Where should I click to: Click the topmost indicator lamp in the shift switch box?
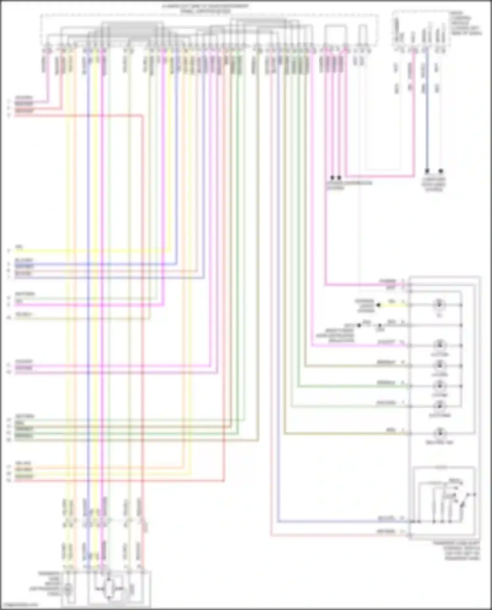coord(439,305)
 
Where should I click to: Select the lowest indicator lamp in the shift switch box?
coord(439,434)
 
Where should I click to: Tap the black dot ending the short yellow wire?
coord(379,305)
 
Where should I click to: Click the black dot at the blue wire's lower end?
coord(427,171)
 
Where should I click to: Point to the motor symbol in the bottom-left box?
coord(109,589)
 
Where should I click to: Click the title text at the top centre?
coord(205,9)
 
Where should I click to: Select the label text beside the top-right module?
coord(466,23)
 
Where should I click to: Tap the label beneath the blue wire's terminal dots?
coord(434,185)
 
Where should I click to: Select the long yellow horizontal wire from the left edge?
coord(89,251)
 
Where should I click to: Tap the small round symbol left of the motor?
coord(68,589)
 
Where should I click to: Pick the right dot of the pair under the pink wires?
coord(339,177)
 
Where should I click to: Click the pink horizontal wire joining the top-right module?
coord(380,176)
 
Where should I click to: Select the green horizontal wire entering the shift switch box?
coord(351,386)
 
